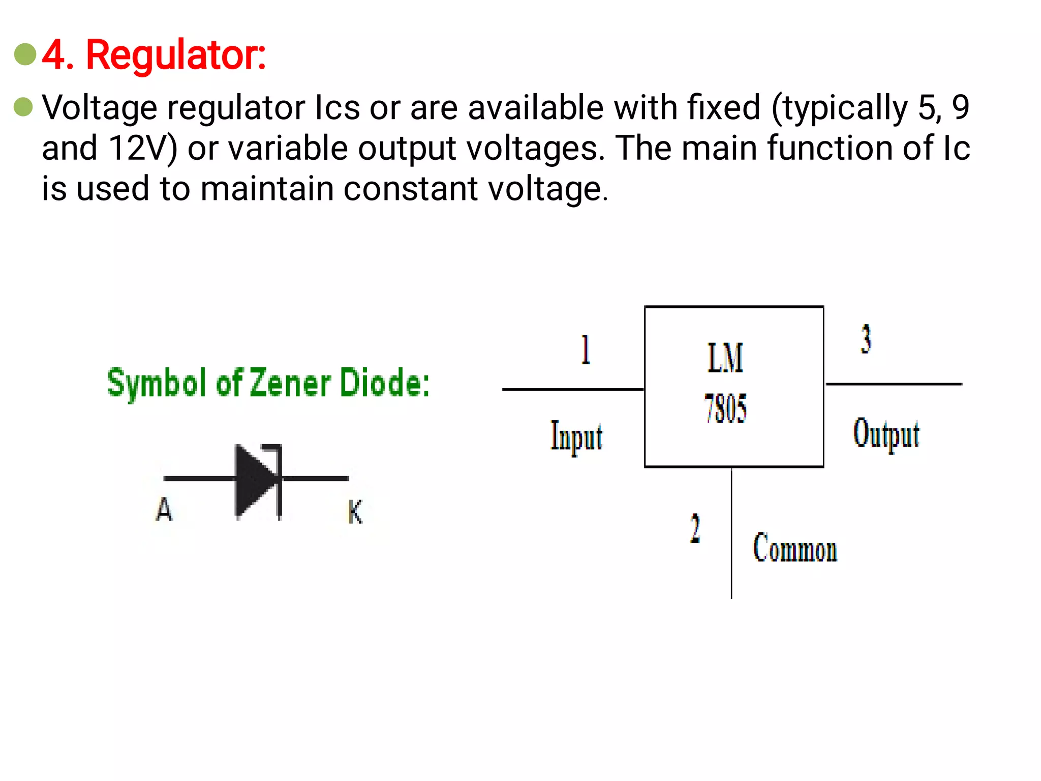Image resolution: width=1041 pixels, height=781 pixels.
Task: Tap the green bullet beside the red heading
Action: point(25,54)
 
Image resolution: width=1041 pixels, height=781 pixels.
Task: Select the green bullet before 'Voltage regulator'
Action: point(23,107)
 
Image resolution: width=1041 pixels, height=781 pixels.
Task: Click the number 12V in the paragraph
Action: point(143,148)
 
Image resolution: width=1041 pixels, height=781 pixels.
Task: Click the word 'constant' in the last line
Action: point(411,189)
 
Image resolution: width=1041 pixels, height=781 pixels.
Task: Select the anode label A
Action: point(164,509)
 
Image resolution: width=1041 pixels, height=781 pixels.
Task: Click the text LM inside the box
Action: point(725,358)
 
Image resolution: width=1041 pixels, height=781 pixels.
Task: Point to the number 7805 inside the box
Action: point(725,409)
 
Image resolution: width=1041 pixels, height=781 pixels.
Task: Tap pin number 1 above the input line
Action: point(586,350)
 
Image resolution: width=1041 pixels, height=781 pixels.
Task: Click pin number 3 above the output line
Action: point(866,339)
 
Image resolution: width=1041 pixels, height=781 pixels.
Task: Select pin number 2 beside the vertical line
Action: point(695,529)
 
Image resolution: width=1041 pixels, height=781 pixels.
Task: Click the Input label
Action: point(576,437)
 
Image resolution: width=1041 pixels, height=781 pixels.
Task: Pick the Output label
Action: point(886,434)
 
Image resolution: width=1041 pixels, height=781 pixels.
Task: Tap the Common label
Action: point(794,549)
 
